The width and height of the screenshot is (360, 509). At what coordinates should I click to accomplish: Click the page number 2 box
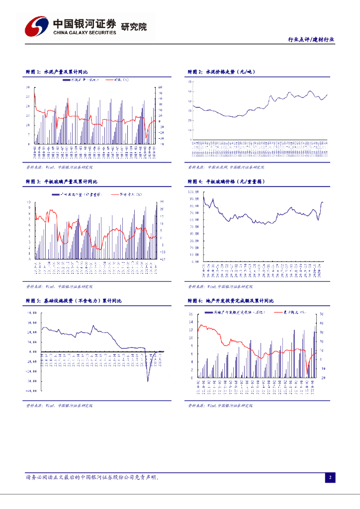(x=330, y=478)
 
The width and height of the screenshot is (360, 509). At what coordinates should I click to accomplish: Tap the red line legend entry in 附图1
(x=120, y=80)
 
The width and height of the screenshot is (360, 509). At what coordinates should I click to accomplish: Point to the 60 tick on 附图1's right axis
(x=161, y=88)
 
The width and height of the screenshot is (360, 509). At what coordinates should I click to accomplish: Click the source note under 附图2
(x=226, y=168)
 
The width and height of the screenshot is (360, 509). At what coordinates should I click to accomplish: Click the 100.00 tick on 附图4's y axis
(x=193, y=191)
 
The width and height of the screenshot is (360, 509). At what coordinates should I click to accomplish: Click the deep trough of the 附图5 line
(x=148, y=381)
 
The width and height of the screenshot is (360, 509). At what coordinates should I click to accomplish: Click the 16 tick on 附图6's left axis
(x=191, y=314)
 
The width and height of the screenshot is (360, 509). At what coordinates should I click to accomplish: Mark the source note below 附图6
(x=226, y=406)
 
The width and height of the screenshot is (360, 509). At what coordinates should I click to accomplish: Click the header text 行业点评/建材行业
(x=311, y=40)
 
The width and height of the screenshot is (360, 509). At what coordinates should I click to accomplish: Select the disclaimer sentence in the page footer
(x=92, y=478)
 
